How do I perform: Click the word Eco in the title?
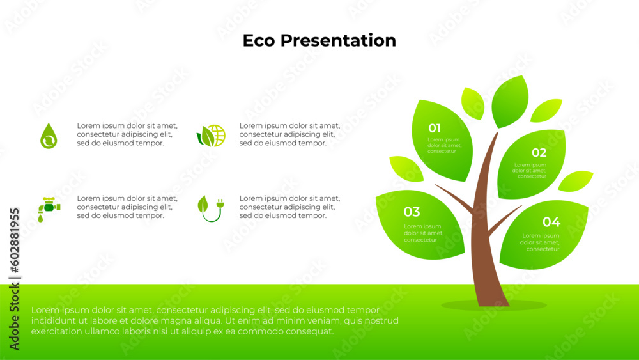pyautogui.click(x=259, y=40)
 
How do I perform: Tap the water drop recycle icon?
pyautogui.click(x=49, y=136)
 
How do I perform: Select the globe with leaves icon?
pyautogui.click(x=212, y=136)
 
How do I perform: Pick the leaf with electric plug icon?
pyautogui.click(x=210, y=208)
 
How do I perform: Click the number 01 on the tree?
pyautogui.click(x=435, y=128)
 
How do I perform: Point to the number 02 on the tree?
pyautogui.click(x=539, y=153)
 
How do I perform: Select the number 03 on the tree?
pyautogui.click(x=412, y=212)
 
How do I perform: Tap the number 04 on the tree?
pyautogui.click(x=551, y=222)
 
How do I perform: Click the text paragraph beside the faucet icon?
pyautogui.click(x=127, y=207)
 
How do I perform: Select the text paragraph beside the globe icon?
pyautogui.click(x=289, y=134)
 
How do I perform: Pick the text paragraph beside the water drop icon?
pyautogui.click(x=127, y=134)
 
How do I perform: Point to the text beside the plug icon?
pyautogui.click(x=289, y=207)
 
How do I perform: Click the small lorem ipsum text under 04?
pyautogui.click(x=541, y=242)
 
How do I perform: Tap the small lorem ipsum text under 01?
pyautogui.click(x=443, y=145)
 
